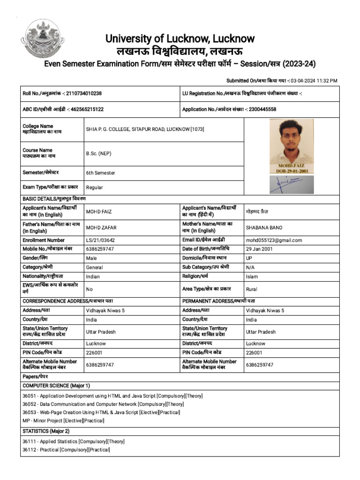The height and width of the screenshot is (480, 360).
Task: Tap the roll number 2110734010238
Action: pyautogui.click(x=84, y=93)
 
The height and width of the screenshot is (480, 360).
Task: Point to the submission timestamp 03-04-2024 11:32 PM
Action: pyautogui.click(x=314, y=81)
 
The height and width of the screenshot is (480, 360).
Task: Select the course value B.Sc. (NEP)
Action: pyautogui.click(x=99, y=153)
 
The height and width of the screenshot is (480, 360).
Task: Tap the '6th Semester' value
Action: pyautogui.click(x=100, y=173)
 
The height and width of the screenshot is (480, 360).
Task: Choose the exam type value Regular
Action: pyautogui.click(x=94, y=187)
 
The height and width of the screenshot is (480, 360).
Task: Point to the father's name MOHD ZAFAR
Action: pyautogui.click(x=101, y=228)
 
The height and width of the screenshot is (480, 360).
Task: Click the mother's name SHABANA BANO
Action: pyautogui.click(x=264, y=228)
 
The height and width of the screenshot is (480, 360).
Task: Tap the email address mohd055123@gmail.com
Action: pyautogui.click(x=274, y=240)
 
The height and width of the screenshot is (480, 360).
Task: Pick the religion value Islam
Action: pyautogui.click(x=252, y=277)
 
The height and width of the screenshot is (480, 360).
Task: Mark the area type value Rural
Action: pyautogui.click(x=252, y=289)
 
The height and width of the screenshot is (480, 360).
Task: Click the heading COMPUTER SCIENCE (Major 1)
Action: pyautogui.click(x=56, y=385)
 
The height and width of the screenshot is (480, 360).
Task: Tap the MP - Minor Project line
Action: pyautogui.click(x=63, y=420)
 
